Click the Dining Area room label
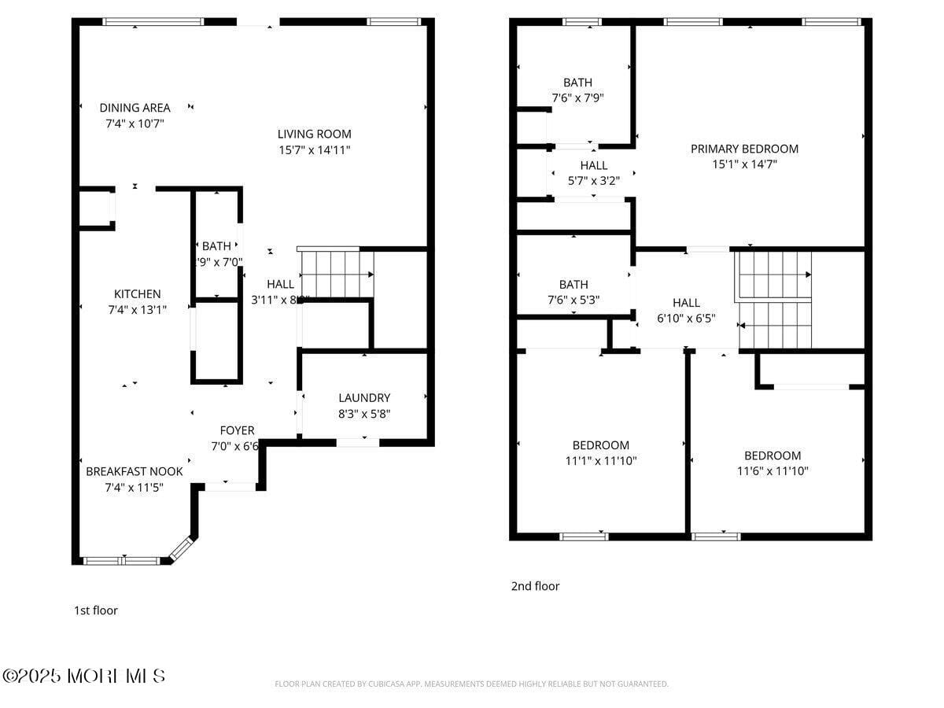[x=135, y=108]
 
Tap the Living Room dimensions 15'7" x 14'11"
[x=314, y=149]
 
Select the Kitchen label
[x=137, y=294]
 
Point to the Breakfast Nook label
[x=134, y=471]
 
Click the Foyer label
[x=237, y=430]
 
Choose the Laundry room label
[x=364, y=398]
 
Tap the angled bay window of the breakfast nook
[x=182, y=548]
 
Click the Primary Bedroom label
[x=744, y=149]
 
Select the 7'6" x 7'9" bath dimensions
[x=577, y=98]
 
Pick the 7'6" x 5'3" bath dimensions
[x=573, y=300]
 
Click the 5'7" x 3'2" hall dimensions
[x=593, y=180]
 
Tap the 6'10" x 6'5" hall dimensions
[x=686, y=318]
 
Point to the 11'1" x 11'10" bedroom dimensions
[x=600, y=461]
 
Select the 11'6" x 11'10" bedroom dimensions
[x=773, y=471]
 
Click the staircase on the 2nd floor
[x=775, y=299]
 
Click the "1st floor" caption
[x=96, y=610]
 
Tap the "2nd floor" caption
[x=535, y=586]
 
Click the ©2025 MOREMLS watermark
[x=84, y=676]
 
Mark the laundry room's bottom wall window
[x=358, y=443]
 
